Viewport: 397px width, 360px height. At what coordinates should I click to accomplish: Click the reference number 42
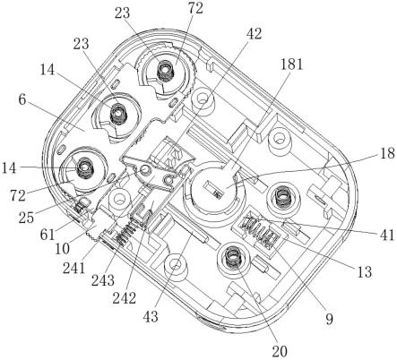[254, 34]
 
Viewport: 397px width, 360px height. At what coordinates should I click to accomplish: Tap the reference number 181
[291, 64]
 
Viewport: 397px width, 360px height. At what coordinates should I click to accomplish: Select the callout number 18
[388, 153]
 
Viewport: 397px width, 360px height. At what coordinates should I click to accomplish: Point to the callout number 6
[22, 100]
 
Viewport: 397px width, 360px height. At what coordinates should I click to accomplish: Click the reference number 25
[26, 218]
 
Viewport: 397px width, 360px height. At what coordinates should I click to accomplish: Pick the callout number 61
[47, 235]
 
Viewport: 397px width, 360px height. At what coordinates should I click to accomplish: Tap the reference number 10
[63, 248]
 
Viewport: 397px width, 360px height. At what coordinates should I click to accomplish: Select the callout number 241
[73, 269]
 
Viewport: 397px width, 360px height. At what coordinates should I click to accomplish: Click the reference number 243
[103, 281]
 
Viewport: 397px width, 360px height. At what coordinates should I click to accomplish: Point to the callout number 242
[125, 298]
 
